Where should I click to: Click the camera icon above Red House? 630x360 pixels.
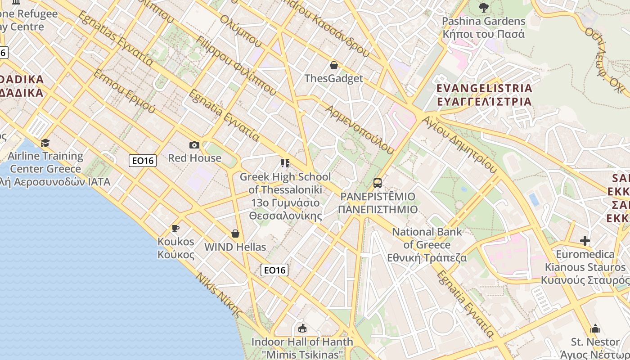click(x=194, y=145)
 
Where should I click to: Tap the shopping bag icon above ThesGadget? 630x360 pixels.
click(x=333, y=65)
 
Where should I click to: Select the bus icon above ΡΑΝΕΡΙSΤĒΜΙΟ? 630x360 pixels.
click(x=378, y=183)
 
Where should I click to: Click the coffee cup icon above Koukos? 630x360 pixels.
click(x=175, y=229)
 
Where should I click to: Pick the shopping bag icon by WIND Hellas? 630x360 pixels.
click(x=235, y=234)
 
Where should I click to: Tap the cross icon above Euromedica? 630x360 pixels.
click(x=585, y=241)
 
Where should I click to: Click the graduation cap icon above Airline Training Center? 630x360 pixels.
click(x=45, y=143)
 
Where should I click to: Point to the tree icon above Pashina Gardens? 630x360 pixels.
click(x=484, y=7)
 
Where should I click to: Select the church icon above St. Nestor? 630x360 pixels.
click(x=595, y=328)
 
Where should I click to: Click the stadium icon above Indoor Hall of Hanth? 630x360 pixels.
click(x=302, y=328)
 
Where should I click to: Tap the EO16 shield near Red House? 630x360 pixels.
click(x=143, y=161)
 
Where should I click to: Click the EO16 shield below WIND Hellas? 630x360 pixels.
click(x=274, y=270)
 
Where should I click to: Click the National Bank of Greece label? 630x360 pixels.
click(x=427, y=245)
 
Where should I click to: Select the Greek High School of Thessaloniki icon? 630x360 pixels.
click(x=285, y=163)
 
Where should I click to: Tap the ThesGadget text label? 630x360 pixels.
click(x=333, y=79)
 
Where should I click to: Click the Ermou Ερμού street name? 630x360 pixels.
click(x=124, y=91)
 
